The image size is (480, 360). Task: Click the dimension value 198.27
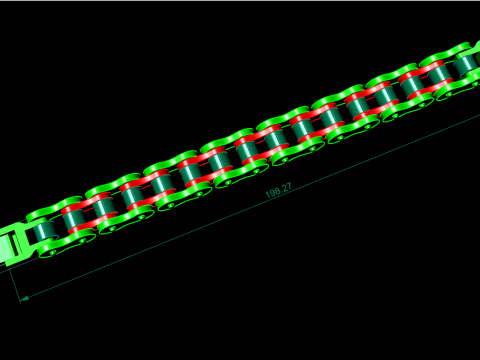(x=278, y=191)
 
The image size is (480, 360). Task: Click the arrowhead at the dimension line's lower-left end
(x=24, y=298)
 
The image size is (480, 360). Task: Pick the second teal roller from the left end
(x=74, y=219)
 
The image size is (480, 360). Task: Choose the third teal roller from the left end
(x=104, y=208)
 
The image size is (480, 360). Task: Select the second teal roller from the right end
(x=439, y=76)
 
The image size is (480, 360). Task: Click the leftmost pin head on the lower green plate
(x=53, y=253)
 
